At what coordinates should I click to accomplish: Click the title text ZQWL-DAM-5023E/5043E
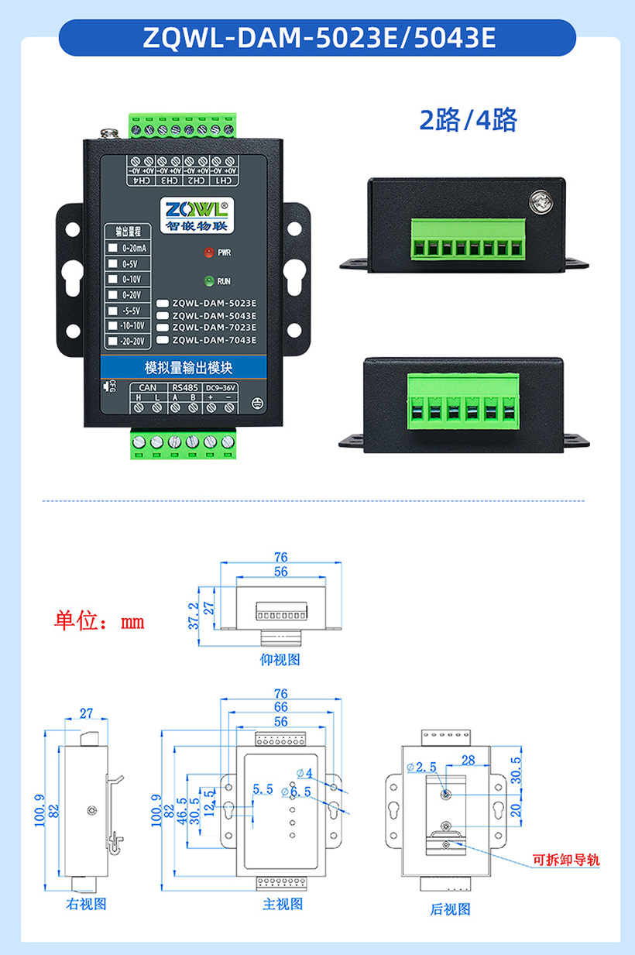(x=318, y=38)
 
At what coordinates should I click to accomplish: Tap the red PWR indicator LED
(x=208, y=252)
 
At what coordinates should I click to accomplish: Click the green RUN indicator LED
(x=208, y=281)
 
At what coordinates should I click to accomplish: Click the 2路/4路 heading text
(x=468, y=120)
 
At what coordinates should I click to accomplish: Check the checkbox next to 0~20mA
(x=113, y=247)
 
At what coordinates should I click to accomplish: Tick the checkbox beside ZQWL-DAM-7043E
(x=162, y=340)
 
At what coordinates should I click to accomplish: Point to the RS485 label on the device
(x=184, y=387)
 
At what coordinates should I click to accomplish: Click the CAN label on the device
(x=147, y=387)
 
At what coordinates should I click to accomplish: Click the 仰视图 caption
(x=280, y=659)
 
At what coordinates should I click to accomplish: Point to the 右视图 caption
(x=86, y=903)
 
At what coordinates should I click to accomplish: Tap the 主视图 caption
(x=283, y=903)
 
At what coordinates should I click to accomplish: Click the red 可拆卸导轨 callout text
(x=566, y=860)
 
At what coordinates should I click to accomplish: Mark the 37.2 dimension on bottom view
(x=194, y=616)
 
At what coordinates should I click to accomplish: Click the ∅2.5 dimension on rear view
(x=421, y=767)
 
